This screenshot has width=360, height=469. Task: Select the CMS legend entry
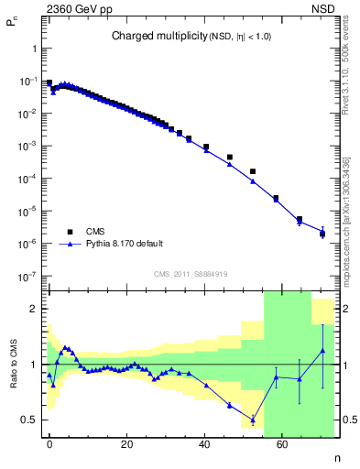pyautogui.click(x=95, y=233)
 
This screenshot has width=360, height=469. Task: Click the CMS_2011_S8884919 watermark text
pyautogui.click(x=191, y=273)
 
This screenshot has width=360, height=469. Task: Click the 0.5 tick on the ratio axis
pyautogui.click(x=31, y=420)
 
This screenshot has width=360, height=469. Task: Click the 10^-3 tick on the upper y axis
pyautogui.click(x=29, y=147)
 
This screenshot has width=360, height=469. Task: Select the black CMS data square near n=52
pyautogui.click(x=253, y=171)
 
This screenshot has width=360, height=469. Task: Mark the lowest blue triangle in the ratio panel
pyautogui.click(x=253, y=420)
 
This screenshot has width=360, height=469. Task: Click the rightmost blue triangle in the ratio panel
pyautogui.click(x=322, y=351)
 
